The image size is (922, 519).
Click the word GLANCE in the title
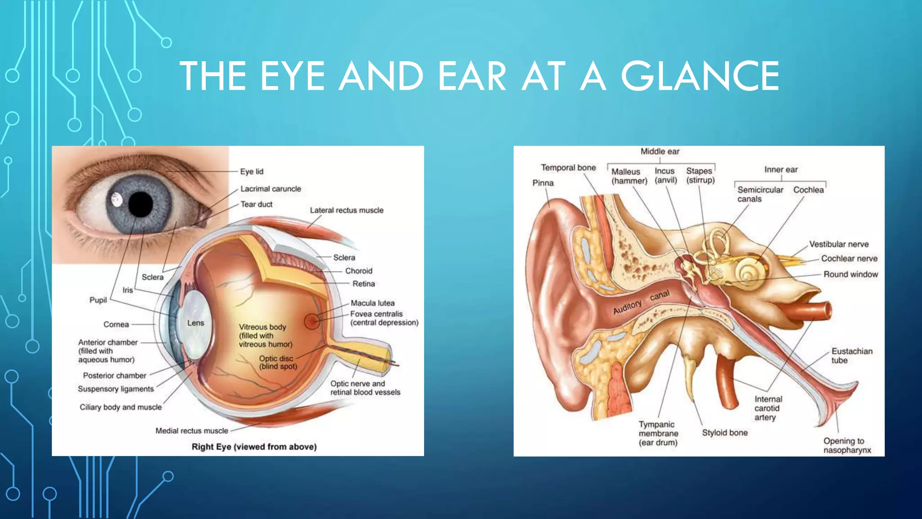(700, 76)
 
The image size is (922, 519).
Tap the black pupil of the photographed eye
(141, 204)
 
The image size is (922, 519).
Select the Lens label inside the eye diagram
(195, 323)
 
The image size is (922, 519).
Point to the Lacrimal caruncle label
(271, 189)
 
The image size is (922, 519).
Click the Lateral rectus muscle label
(347, 210)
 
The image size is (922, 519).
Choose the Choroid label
(359, 271)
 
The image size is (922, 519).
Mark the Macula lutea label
(372, 303)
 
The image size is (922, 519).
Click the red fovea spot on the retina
(312, 321)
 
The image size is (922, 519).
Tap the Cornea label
(116, 324)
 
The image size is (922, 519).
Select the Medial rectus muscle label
(192, 431)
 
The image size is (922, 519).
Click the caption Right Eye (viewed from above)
(254, 447)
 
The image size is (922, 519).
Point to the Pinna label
(543, 183)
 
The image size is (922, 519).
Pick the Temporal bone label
(568, 168)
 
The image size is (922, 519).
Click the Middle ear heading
(660, 151)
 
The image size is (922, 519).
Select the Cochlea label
(809, 190)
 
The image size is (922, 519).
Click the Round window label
(850, 274)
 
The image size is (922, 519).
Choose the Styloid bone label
(725, 432)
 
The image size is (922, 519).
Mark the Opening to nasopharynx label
(847, 446)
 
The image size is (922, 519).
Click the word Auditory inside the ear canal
(627, 307)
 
